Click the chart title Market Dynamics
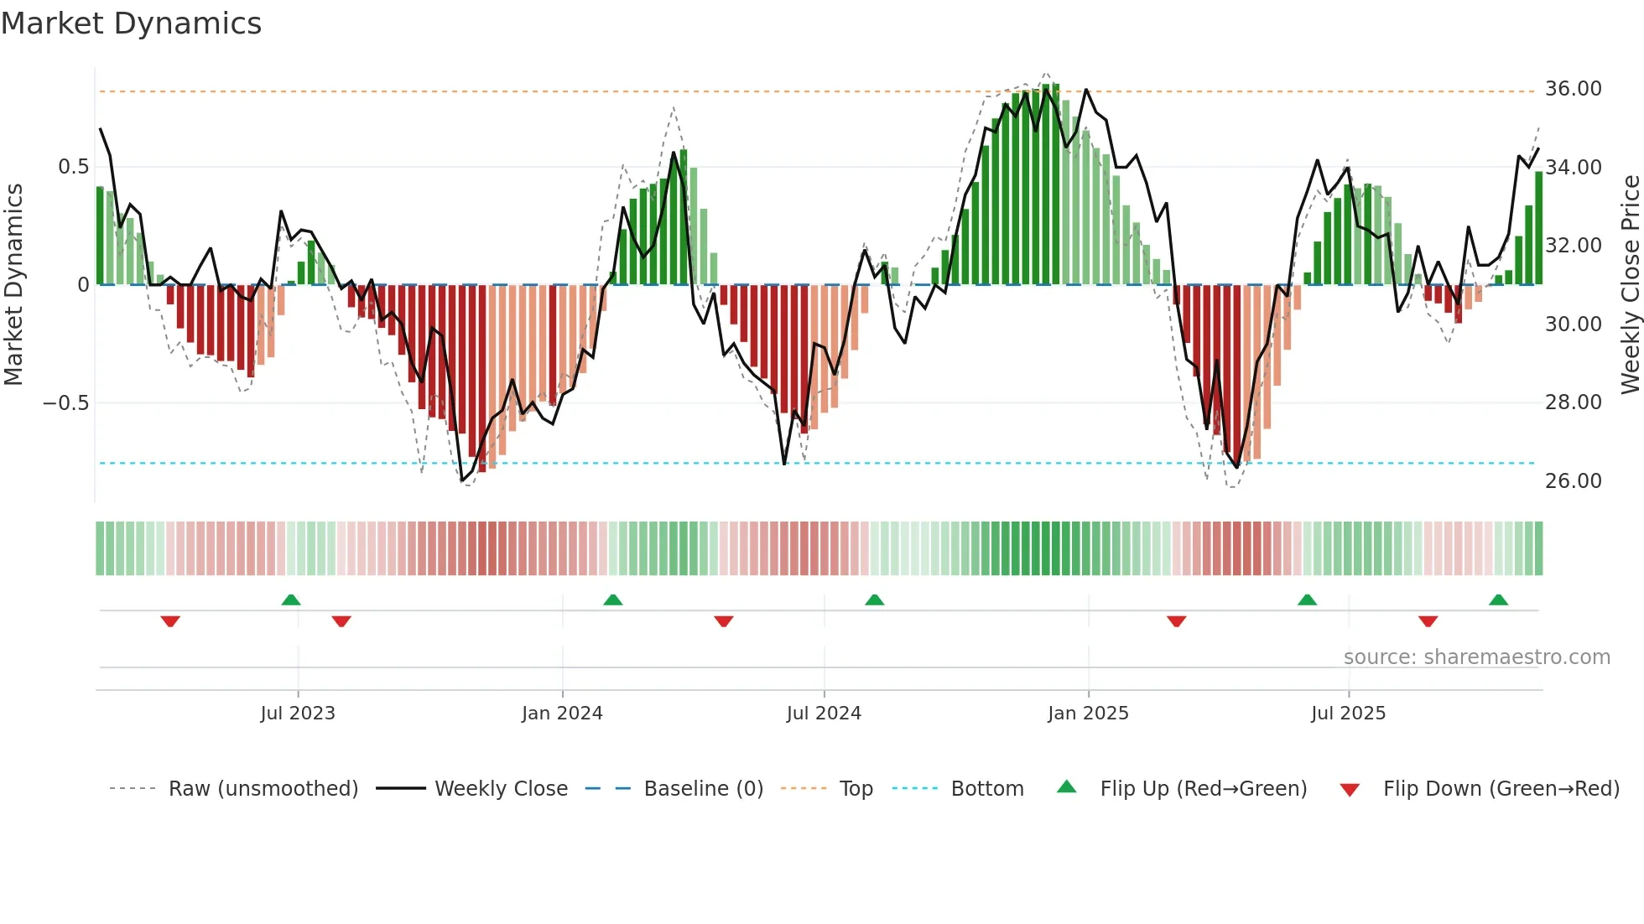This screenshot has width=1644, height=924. [132, 23]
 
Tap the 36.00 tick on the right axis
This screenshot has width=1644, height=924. [1573, 89]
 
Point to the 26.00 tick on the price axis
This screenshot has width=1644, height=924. [1573, 481]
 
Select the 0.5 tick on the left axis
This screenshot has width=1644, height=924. [73, 167]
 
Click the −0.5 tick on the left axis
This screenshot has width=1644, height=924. [65, 403]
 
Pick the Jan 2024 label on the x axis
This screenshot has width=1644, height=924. [562, 714]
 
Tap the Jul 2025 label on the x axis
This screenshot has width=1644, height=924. [1348, 714]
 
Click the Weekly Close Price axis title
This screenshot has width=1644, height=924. [1630, 284]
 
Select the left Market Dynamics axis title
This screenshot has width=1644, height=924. [13, 284]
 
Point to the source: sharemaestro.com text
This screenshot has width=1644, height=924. [1476, 657]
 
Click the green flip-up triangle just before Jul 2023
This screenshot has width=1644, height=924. [291, 600]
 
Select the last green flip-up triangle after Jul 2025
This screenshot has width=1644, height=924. [1498, 600]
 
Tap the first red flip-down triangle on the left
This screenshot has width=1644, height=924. [170, 621]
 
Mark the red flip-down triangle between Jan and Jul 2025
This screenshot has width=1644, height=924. [1176, 621]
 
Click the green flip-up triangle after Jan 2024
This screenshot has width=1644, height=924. [613, 600]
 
